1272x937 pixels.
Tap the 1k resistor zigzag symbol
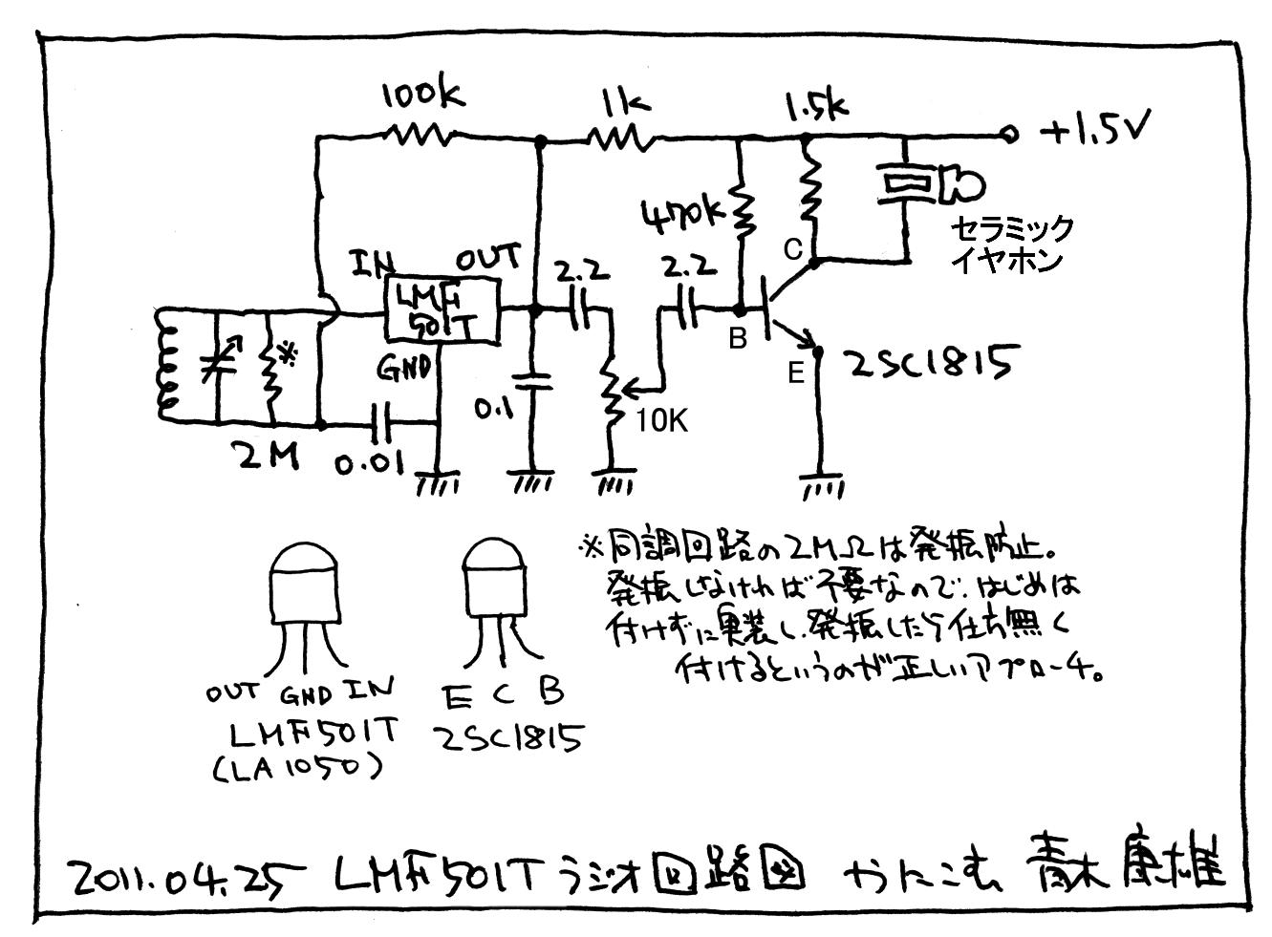click(x=620, y=139)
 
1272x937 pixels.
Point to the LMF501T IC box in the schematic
click(x=442, y=309)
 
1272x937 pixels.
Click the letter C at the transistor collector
click(x=792, y=250)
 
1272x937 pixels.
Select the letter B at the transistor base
click(x=737, y=338)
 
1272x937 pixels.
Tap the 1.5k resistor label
click(x=815, y=104)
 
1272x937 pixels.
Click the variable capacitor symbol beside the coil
click(x=222, y=364)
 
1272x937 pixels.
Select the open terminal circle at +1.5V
click(x=1005, y=136)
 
